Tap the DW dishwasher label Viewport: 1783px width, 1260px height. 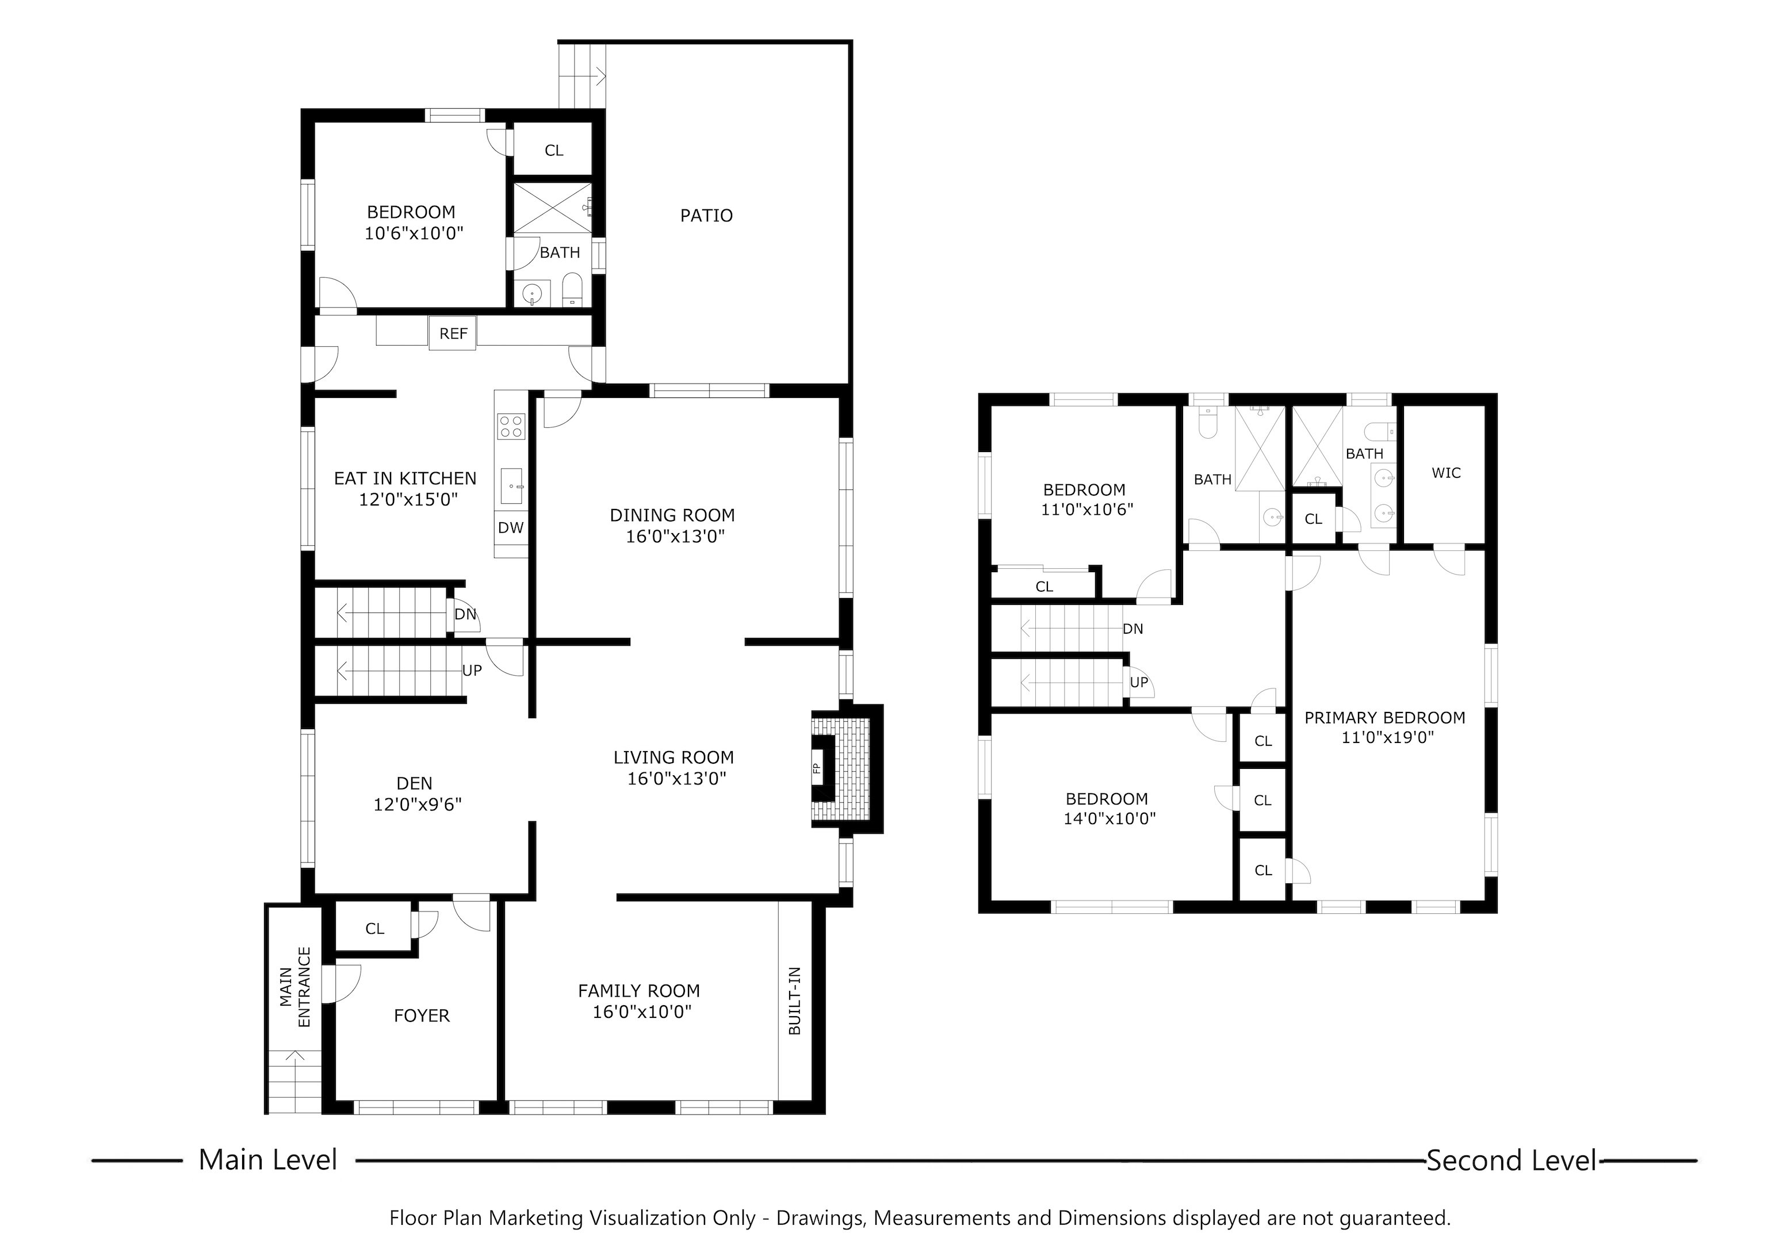(x=510, y=528)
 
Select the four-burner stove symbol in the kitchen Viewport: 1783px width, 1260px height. (x=510, y=426)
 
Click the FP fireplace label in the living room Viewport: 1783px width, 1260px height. (x=816, y=768)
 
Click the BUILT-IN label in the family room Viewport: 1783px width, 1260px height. (x=794, y=1001)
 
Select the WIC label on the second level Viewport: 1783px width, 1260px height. (x=1445, y=473)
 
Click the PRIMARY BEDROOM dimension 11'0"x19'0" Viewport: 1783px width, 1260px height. (x=1387, y=737)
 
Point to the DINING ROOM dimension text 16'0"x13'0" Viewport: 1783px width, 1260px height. (x=675, y=537)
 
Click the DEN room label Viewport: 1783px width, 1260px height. (x=414, y=783)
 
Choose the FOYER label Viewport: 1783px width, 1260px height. (x=422, y=1016)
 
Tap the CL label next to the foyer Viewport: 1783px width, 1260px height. (x=374, y=929)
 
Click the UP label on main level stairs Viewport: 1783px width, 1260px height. (x=472, y=670)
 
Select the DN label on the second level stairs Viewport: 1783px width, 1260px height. (x=1132, y=629)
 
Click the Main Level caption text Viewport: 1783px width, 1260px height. (x=268, y=1160)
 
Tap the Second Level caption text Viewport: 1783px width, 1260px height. (x=1511, y=1161)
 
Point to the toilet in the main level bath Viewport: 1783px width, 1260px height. (x=572, y=290)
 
